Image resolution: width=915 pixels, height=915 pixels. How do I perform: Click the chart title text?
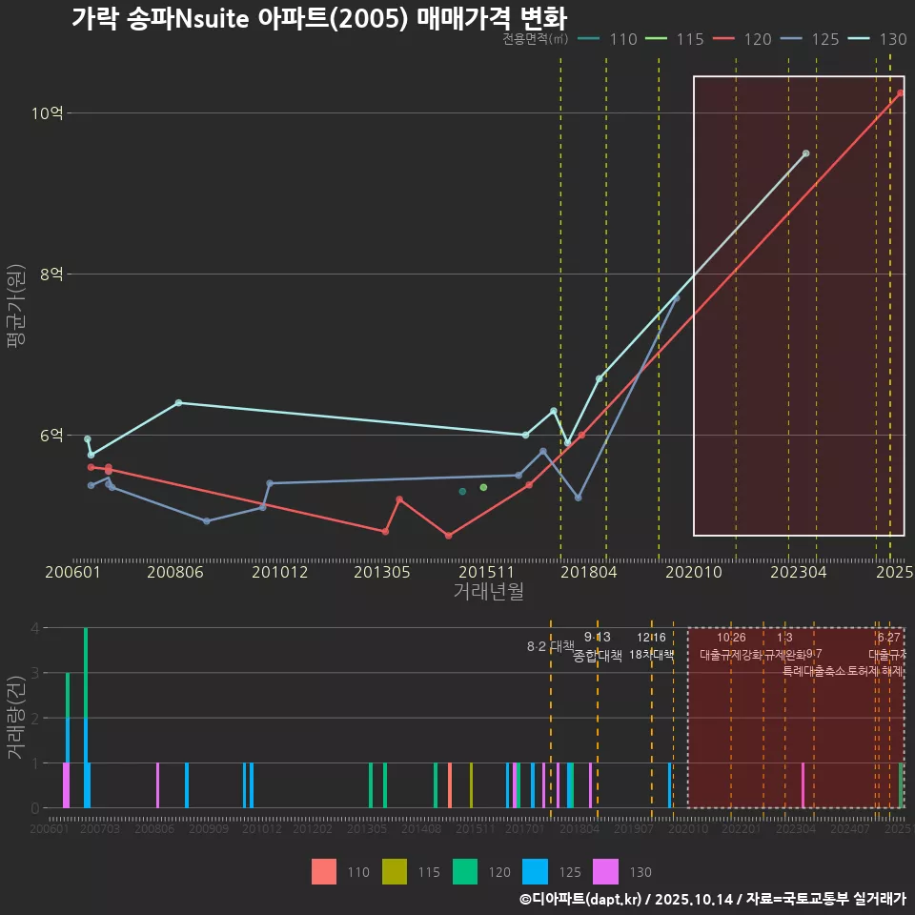(318, 18)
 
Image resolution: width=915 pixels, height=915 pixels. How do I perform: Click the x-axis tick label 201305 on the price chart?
(381, 573)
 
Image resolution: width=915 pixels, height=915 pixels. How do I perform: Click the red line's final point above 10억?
(900, 92)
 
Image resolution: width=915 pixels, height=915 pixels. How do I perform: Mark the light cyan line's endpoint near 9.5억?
(805, 153)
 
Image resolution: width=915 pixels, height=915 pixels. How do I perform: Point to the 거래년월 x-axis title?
(488, 592)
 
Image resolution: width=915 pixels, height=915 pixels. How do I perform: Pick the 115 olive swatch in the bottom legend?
(394, 872)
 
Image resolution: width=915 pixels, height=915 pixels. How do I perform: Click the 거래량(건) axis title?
(15, 718)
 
